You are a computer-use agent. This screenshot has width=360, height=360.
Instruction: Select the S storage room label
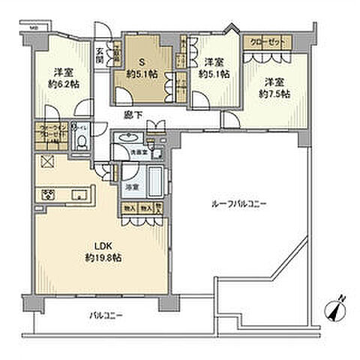click(x=140, y=62)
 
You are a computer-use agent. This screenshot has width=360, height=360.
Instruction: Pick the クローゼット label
click(x=263, y=43)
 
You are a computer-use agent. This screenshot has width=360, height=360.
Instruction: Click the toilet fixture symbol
click(x=80, y=142)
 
